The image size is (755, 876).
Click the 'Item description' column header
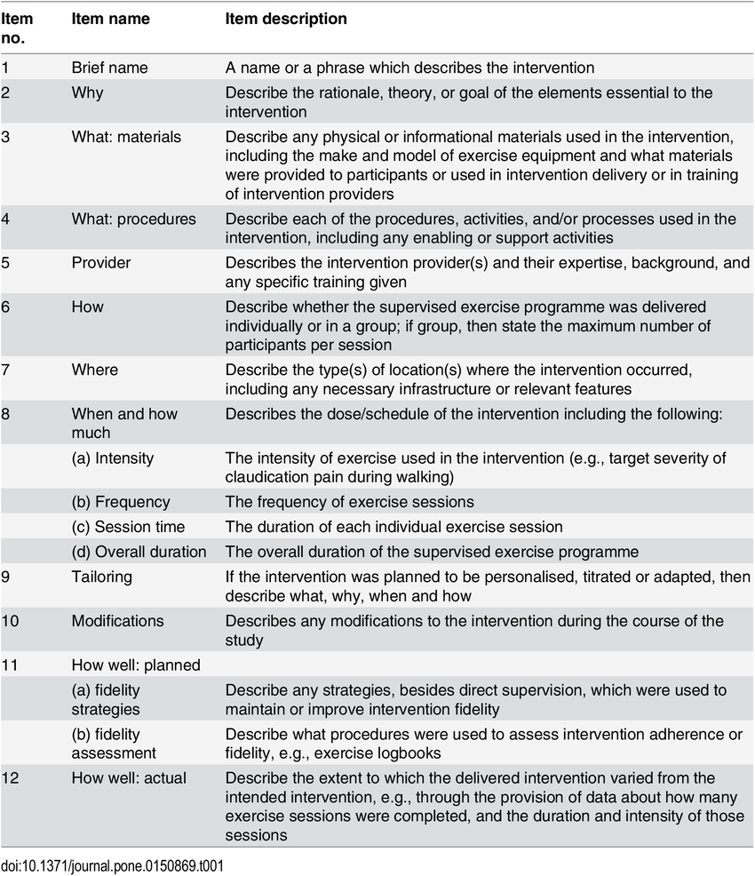286,19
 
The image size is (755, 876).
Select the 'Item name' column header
110,19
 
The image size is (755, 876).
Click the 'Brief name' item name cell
110,68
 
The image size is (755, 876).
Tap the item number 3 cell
6,137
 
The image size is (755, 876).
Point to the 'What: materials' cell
126,137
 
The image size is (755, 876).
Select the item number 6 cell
6,307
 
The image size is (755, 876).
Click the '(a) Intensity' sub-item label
113,458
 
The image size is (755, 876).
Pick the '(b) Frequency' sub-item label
121,502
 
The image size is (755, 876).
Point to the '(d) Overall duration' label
139,552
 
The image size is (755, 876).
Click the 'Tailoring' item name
101,577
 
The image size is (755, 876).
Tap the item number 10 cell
10,621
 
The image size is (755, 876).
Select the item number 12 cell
10,778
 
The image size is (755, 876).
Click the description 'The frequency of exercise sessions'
349,502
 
